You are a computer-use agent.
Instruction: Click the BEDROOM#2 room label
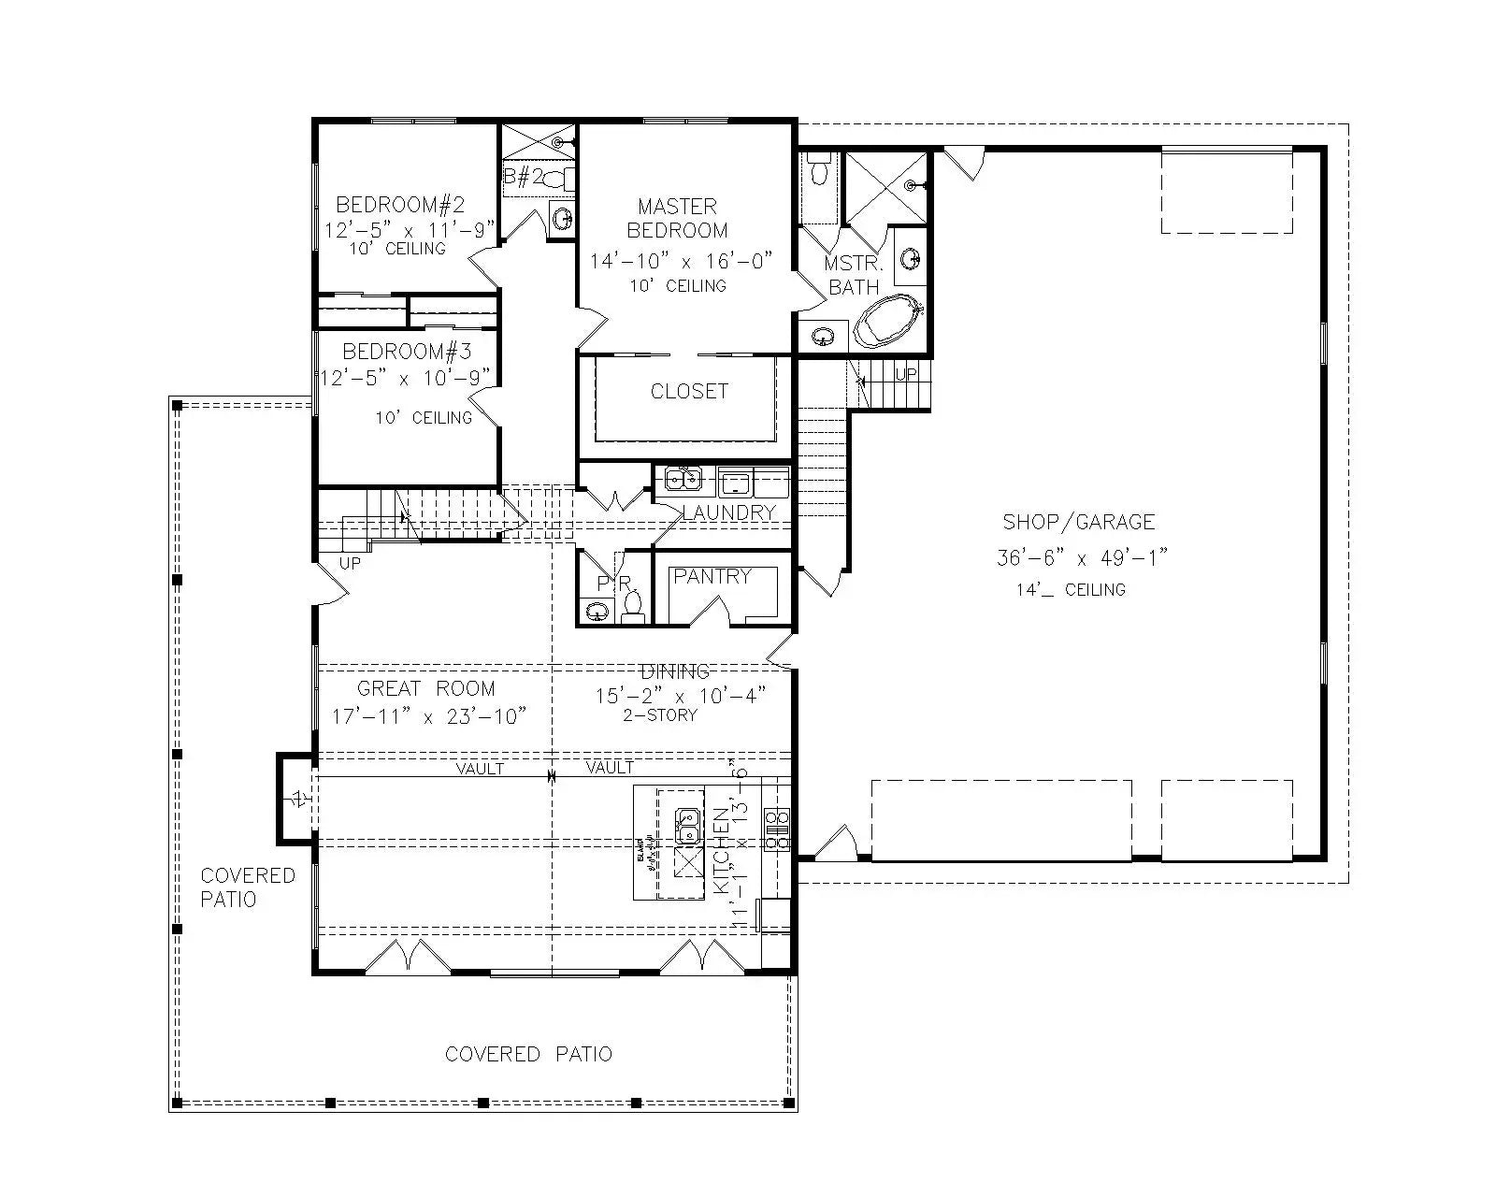coord(400,204)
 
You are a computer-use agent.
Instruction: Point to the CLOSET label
coord(689,391)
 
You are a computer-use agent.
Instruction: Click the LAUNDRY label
coord(728,512)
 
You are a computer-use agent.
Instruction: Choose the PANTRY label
coord(712,576)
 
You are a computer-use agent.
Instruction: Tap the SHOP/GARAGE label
coord(1078,522)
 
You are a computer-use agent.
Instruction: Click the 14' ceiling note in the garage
coord(1071,590)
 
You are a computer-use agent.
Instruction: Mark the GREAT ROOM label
coord(425,689)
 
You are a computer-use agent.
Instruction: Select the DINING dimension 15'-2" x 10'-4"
coord(681,695)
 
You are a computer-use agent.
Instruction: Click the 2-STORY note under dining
coord(660,715)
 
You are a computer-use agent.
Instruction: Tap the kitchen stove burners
coord(777,830)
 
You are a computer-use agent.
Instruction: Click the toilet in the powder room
coord(633,605)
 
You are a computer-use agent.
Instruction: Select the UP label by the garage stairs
coord(906,374)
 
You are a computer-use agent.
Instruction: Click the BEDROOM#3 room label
coord(407,352)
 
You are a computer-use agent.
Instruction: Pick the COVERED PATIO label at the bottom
coord(528,1054)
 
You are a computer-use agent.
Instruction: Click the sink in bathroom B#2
coord(563,219)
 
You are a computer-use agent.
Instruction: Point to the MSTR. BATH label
coord(854,276)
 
